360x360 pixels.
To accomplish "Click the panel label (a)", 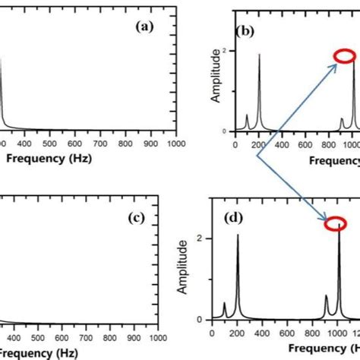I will click(144, 25).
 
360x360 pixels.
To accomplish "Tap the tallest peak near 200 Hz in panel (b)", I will click(260, 55).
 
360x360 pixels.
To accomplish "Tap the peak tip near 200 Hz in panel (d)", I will click(238, 235).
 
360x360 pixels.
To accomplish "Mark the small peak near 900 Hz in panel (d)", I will click(327, 296).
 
